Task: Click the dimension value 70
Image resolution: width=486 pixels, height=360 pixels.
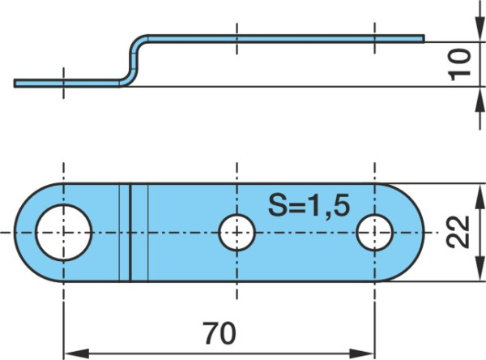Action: pyautogui.click(x=220, y=333)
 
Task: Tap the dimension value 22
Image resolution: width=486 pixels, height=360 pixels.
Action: pyautogui.click(x=458, y=232)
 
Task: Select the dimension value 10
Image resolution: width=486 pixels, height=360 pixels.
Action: pyautogui.click(x=459, y=65)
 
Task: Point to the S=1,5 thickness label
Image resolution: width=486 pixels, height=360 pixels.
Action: pyautogui.click(x=309, y=205)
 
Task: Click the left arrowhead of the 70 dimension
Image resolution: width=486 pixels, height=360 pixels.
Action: pyautogui.click(x=76, y=354)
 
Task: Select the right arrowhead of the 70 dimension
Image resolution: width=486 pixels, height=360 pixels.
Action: pyautogui.click(x=362, y=354)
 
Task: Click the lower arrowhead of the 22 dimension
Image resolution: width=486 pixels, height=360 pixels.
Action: pyautogui.click(x=480, y=268)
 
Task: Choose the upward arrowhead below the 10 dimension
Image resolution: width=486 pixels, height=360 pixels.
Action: pyautogui.click(x=480, y=100)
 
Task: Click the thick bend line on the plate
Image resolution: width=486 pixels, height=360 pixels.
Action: pyautogui.click(x=130, y=233)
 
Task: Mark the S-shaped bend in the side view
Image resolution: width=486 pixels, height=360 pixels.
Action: pyautogui.click(x=134, y=61)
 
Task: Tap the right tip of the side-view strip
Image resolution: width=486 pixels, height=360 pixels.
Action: pyautogui.click(x=424, y=38)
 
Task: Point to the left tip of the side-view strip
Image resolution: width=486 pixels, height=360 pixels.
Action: pyautogui.click(x=15, y=84)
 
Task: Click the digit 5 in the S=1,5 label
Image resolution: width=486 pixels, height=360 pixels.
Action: pyautogui.click(x=342, y=205)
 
